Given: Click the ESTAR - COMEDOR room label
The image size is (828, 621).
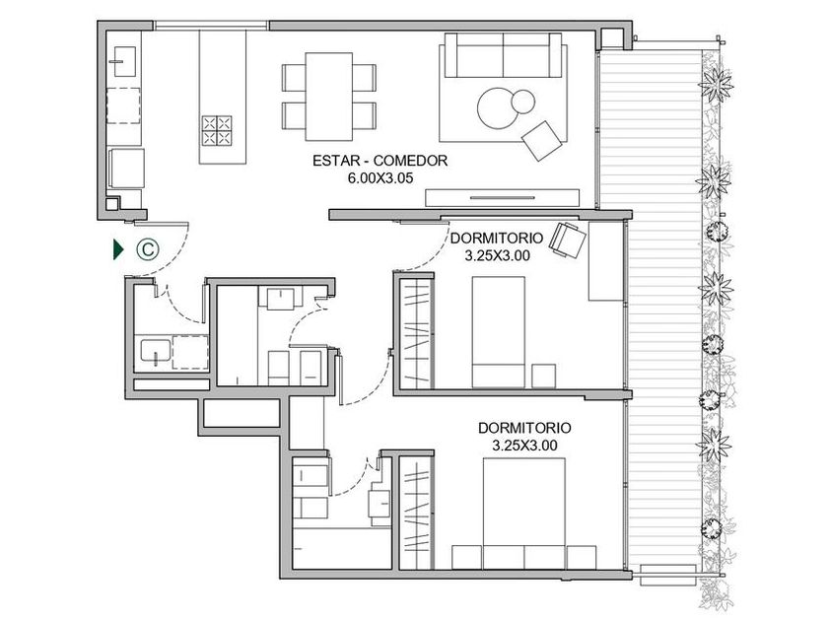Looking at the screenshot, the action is tap(379, 161).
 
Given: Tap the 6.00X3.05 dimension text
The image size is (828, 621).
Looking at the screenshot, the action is tap(379, 178).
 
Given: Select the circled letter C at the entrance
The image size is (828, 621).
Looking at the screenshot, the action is tap(148, 248).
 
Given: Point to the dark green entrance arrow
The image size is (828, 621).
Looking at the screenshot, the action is tap(117, 249).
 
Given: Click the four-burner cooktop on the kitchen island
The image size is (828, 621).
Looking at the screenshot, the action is tap(217, 130).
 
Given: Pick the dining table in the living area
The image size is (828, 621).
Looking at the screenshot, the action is tap(328, 97).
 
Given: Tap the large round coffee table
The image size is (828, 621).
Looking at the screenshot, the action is tap(499, 107).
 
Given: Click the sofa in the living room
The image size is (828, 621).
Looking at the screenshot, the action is tap(503, 55).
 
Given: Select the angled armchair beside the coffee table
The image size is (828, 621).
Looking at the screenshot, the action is tap(541, 140).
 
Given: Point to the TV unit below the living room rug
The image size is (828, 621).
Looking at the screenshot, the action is tap(502, 197).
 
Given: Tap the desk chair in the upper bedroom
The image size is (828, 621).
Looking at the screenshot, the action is tap(567, 241).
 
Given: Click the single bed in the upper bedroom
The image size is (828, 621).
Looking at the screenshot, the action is tap(498, 332).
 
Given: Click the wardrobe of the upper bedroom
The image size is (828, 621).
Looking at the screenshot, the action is tap(416, 331).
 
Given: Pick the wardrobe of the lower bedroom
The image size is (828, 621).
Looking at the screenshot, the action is tap(416, 513).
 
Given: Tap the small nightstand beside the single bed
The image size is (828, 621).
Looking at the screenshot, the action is tap(543, 376).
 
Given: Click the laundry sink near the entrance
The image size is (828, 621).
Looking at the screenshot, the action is tap(156, 352).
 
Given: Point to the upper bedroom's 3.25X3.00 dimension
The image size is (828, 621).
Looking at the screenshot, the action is tap(497, 256).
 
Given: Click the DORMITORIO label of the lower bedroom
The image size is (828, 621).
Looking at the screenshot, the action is tap(524, 428).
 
